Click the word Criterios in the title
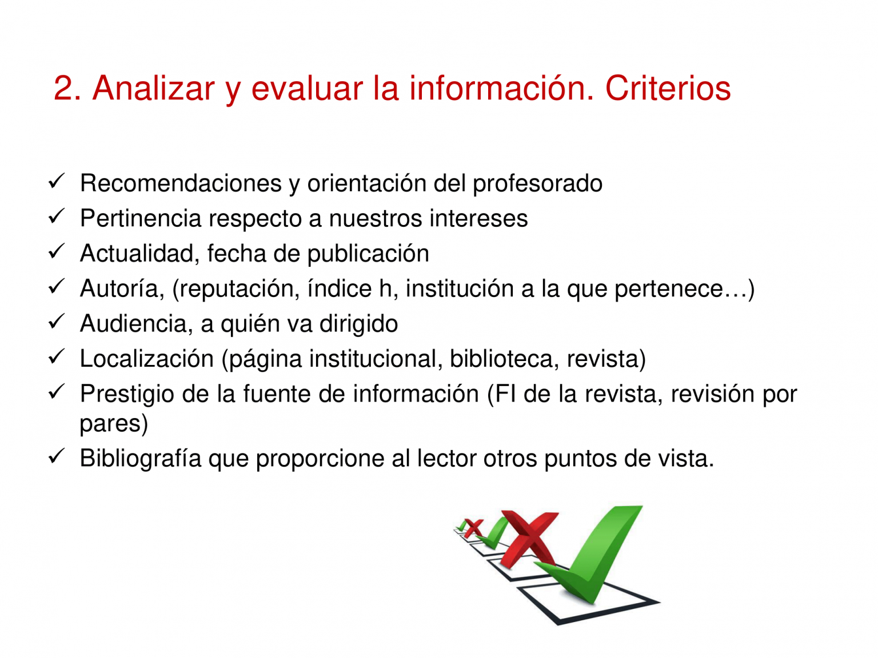pos(668,89)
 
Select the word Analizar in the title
pos(154,89)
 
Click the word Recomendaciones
pos(181,183)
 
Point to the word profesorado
pos(537,184)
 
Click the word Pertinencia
pos(141,219)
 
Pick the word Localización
pos(147,359)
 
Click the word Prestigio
pos(127,395)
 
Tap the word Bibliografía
pos(141,459)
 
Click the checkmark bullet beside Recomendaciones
pos(57,182)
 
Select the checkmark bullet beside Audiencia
pos(57,322)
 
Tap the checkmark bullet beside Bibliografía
pos(57,456)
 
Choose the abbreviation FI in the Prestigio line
pos(506,394)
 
